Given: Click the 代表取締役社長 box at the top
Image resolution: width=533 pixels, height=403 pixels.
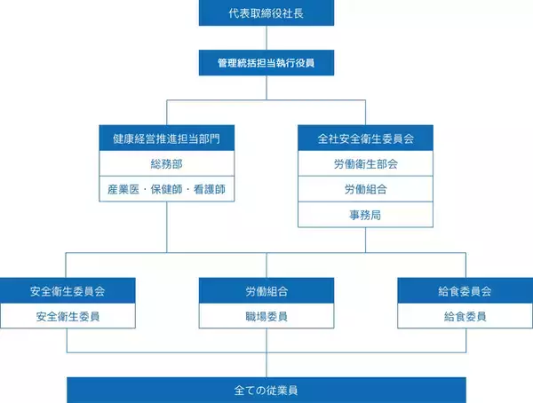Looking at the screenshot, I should tap(266, 14).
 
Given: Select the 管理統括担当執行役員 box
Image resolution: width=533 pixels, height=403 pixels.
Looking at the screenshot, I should tap(266, 63).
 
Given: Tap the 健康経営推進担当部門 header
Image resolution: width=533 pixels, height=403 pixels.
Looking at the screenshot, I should tap(167, 138).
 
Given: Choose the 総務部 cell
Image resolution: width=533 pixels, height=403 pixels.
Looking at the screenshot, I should tap(167, 164).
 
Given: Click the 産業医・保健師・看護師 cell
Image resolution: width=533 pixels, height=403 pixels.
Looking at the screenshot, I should tap(167, 189).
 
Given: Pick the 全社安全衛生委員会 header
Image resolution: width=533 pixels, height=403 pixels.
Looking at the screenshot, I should tap(365, 138).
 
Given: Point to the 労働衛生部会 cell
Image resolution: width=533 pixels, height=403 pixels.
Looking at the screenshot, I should tap(365, 164).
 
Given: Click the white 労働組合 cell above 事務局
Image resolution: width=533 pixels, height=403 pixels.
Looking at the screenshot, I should tap(365, 189).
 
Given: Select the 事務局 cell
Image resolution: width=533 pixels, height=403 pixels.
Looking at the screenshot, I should tap(365, 214).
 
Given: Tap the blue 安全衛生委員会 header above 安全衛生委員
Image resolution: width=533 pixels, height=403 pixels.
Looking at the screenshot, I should tap(68, 290).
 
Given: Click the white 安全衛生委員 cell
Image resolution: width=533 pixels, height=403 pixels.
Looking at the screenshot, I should tap(68, 316).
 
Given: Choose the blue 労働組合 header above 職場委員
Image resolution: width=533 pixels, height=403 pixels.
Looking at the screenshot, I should tap(266, 290).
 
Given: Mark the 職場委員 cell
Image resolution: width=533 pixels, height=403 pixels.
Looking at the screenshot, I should tap(266, 316).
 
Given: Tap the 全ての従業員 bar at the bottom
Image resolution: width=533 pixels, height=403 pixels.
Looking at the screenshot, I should tap(266, 390).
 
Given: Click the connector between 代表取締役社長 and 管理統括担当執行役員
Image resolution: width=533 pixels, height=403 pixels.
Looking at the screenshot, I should tap(266, 38).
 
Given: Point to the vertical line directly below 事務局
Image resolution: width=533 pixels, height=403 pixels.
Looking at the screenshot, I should tap(365, 240).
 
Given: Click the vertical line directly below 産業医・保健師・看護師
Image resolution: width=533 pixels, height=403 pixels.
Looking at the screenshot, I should tap(167, 226).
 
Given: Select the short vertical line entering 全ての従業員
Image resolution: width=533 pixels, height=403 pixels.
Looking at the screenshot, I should tap(266, 364).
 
